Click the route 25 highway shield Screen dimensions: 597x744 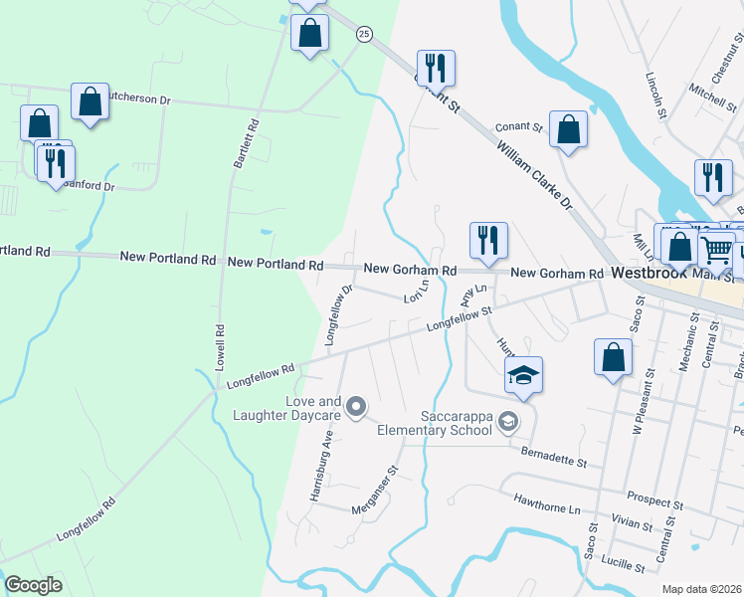pyautogui.click(x=364, y=34)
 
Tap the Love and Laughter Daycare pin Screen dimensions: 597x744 pyautogui.click(x=356, y=407)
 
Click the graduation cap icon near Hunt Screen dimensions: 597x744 pyautogui.click(x=523, y=375)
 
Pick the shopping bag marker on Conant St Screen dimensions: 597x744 pyautogui.click(x=568, y=129)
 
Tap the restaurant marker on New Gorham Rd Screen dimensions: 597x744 pyautogui.click(x=488, y=241)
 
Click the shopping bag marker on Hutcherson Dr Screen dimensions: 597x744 pyautogui.click(x=90, y=101)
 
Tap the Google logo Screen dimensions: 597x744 pyautogui.click(x=34, y=585)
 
